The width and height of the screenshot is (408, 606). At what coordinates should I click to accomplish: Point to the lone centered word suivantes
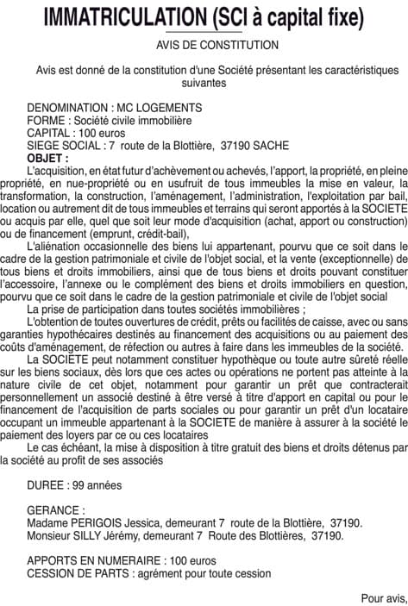point(204,84)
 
